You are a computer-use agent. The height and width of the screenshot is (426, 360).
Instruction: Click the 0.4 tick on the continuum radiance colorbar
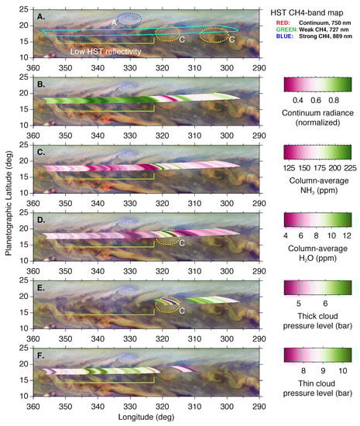[x=296, y=99]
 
